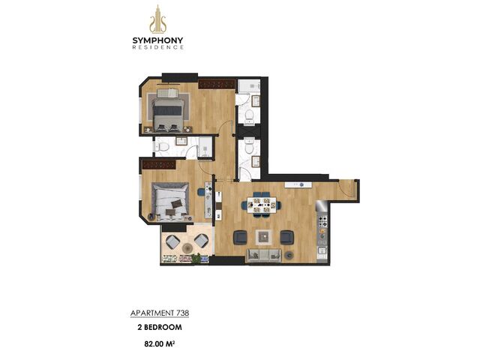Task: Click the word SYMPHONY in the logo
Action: coord(158,40)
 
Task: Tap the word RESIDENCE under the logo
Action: coord(158,47)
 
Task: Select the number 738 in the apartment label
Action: coord(182,313)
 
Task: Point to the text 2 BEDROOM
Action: coord(160,327)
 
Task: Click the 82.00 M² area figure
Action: coord(160,343)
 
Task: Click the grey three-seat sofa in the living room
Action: coord(264,255)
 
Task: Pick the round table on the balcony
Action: coord(187,247)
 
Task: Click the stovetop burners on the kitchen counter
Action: coord(322,222)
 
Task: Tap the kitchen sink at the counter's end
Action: coord(322,252)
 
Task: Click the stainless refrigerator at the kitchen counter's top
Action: coord(322,208)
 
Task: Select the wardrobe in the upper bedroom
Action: coord(217,84)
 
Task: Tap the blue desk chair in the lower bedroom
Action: coord(201,192)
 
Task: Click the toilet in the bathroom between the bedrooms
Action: coord(162,147)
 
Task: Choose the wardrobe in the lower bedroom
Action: coord(159,165)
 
